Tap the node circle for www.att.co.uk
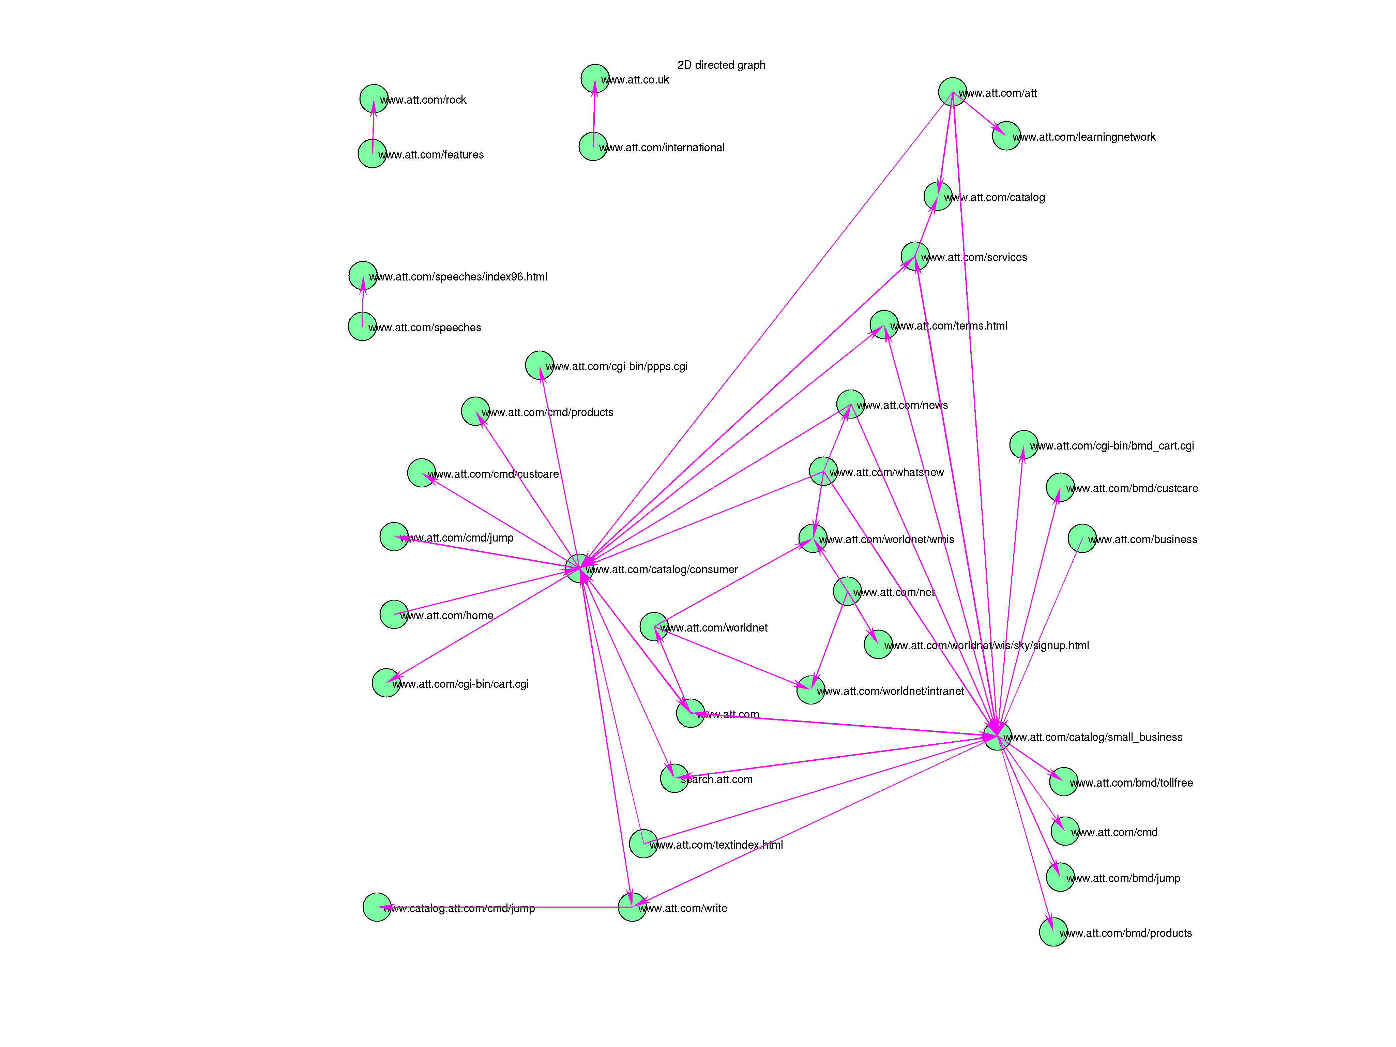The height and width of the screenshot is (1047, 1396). pyautogui.click(x=594, y=78)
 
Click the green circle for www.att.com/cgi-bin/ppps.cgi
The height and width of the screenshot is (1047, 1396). pyautogui.click(x=540, y=365)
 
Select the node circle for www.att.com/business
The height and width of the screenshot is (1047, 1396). pyautogui.click(x=1082, y=538)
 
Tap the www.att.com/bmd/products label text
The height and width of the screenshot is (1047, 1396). pyautogui.click(x=1125, y=933)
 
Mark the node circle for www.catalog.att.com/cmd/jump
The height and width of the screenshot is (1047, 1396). pyautogui.click(x=377, y=907)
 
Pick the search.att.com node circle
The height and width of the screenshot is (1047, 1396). pyautogui.click(x=674, y=778)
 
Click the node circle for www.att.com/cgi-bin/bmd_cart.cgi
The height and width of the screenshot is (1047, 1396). pyautogui.click(x=1023, y=444)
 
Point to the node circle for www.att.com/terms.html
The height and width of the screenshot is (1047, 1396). pyautogui.click(x=883, y=324)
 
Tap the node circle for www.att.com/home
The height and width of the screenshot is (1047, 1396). pyautogui.click(x=394, y=614)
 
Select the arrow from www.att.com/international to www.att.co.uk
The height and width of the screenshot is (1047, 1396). pyautogui.click(x=594, y=113)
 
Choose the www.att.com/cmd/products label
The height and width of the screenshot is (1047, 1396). pyautogui.click(x=547, y=412)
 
